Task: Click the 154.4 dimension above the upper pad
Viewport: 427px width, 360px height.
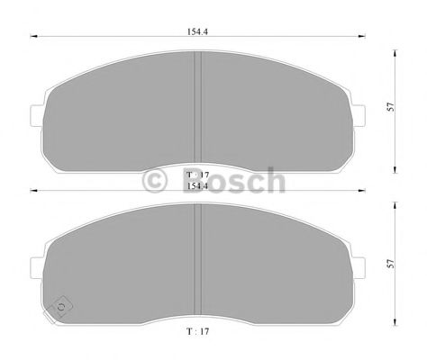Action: tap(196, 31)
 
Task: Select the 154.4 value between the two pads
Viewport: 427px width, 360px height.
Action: tap(196, 185)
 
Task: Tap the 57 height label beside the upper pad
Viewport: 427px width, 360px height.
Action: tap(389, 106)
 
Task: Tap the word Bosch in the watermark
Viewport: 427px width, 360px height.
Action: tap(236, 180)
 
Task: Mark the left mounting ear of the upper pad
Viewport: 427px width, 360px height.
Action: tap(37, 115)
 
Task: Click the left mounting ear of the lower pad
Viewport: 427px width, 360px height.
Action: tap(37, 267)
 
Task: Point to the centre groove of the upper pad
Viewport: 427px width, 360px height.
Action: tap(197, 108)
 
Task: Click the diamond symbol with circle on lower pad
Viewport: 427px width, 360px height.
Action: tap(61, 307)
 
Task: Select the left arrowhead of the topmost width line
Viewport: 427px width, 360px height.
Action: tap(34, 37)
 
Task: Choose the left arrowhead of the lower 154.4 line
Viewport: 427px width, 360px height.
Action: tap(34, 191)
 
